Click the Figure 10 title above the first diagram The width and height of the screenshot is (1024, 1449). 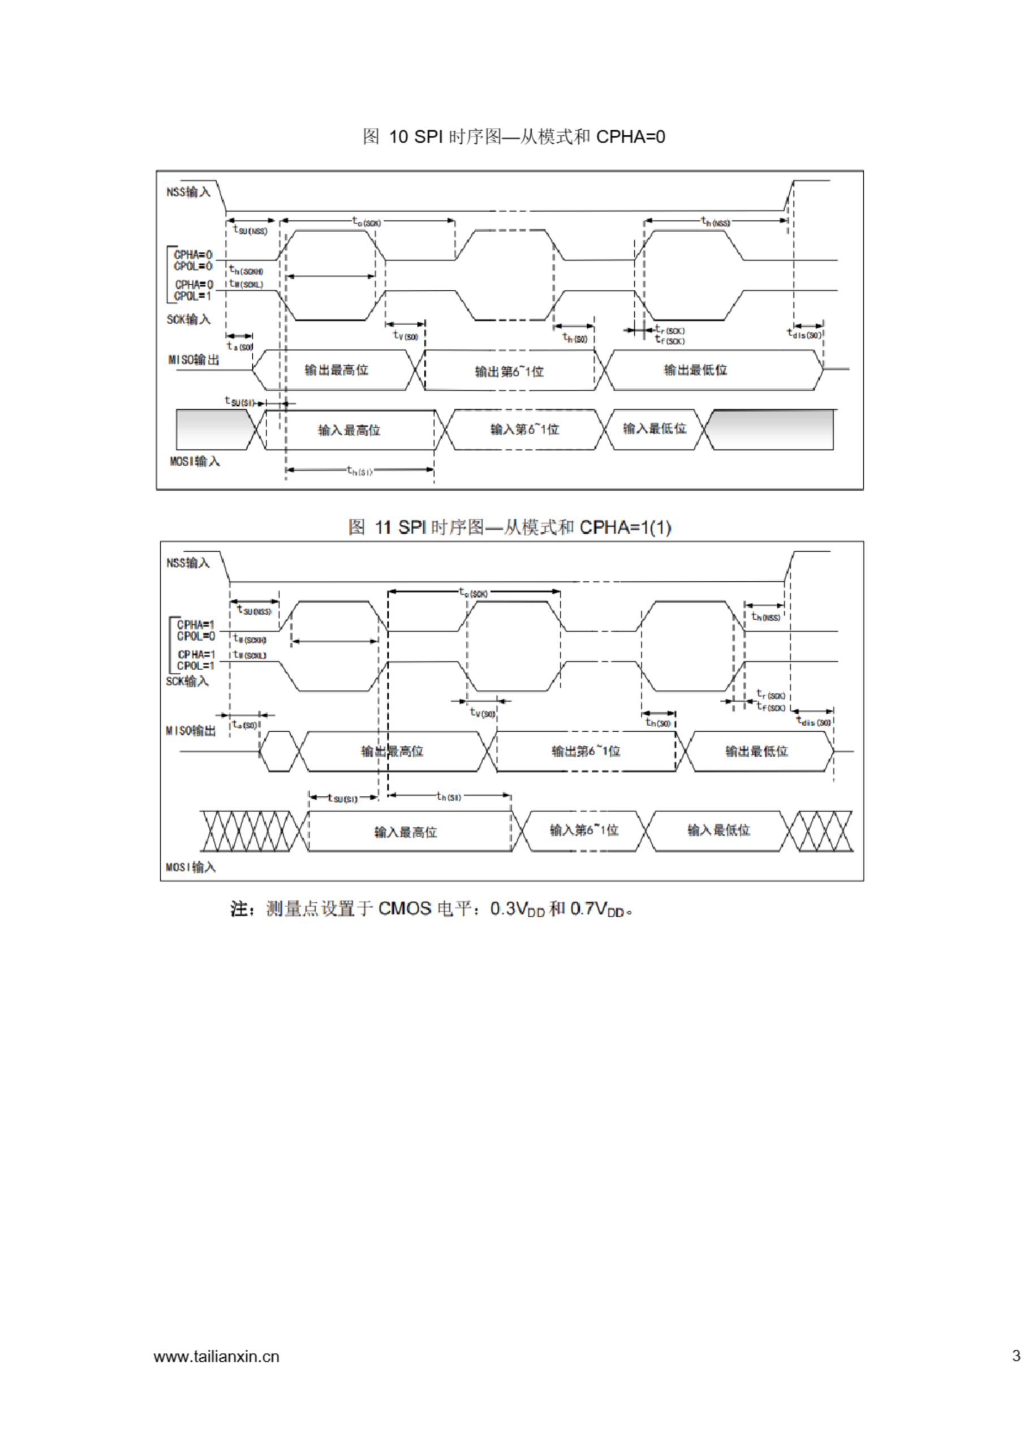coord(513,136)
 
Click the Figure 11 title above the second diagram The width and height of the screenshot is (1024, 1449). coord(510,527)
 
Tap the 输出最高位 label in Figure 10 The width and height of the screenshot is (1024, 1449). coord(336,370)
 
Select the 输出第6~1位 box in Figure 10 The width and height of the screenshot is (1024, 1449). coord(509,371)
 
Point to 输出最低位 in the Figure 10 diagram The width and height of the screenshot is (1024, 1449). coord(695,370)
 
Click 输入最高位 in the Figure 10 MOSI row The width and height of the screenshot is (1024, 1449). coord(349,430)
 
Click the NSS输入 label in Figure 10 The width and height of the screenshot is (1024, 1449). coord(188,192)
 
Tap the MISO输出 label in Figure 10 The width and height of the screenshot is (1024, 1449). coord(193,360)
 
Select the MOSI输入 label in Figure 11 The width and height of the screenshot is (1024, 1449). coord(191,867)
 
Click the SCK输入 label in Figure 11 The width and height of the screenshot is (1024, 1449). coord(187,681)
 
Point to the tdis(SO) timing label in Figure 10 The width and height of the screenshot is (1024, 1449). coord(804,334)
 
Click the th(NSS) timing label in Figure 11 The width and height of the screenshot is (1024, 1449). coord(766,616)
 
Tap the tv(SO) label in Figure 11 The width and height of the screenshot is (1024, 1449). coord(483,713)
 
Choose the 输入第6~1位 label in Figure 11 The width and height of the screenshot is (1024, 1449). coord(584,830)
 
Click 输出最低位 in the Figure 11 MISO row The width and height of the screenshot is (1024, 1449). coord(756,751)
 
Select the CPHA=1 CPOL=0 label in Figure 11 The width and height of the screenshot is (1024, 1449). coord(196,631)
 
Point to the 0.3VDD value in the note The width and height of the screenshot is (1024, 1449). coord(517,909)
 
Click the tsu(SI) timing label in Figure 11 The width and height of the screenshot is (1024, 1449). coord(343,798)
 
